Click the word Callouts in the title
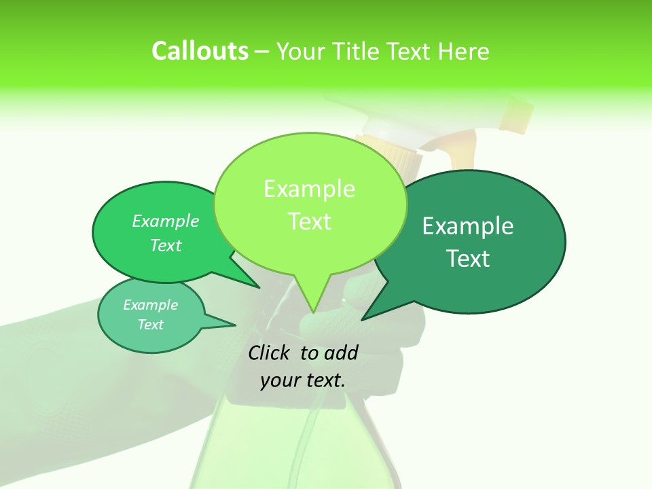click(x=200, y=51)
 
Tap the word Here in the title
click(x=463, y=51)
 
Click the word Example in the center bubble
click(x=309, y=189)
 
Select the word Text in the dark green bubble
click(x=469, y=259)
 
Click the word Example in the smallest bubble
click(x=150, y=305)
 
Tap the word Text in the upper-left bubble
click(x=166, y=246)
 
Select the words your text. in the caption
click(x=303, y=380)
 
